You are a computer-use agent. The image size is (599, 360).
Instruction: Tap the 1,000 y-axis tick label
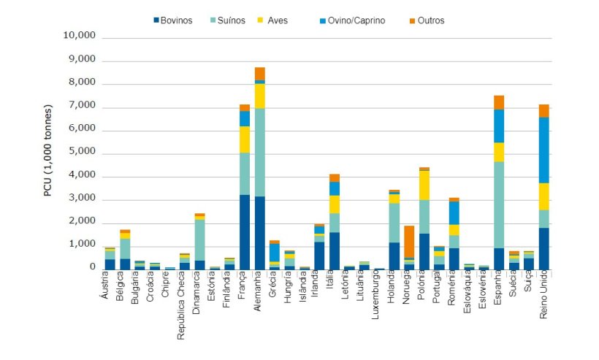tap(83, 245)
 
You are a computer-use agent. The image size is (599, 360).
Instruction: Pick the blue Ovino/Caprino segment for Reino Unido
tap(543, 150)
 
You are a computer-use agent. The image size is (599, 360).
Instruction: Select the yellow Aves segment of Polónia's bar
tap(424, 185)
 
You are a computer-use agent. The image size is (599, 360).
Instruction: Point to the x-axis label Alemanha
tap(259, 296)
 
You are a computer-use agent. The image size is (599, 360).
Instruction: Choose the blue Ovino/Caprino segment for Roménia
tap(454, 212)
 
